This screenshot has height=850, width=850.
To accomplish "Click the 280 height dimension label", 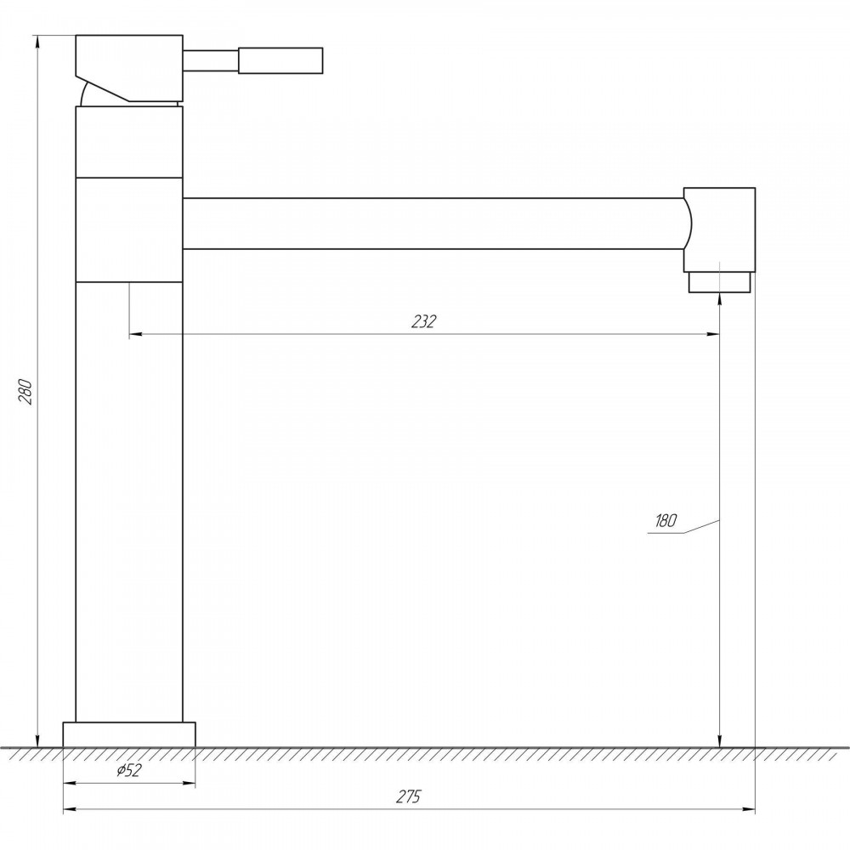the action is [x=26, y=391].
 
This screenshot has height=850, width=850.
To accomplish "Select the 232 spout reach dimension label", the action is [x=423, y=321].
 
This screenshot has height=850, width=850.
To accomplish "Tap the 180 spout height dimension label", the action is [x=666, y=520].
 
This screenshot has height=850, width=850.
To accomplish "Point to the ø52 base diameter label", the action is [x=128, y=770].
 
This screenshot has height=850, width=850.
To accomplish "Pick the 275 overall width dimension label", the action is [x=408, y=796].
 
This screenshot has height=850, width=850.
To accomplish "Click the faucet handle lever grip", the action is [x=280, y=60].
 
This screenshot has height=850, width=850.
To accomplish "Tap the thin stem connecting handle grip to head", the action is [x=210, y=60].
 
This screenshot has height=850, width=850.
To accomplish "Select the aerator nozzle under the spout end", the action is [x=719, y=282].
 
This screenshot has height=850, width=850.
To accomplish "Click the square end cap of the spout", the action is [x=719, y=229].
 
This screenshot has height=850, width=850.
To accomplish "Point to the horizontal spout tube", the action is [x=433, y=224].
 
